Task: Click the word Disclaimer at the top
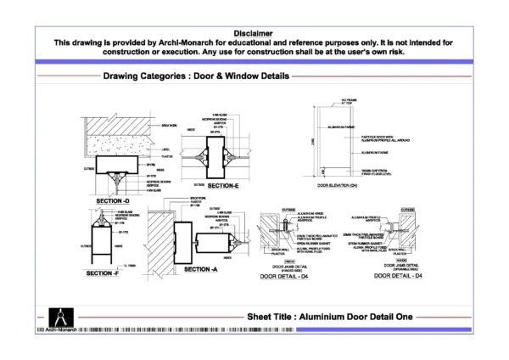coord(255,31)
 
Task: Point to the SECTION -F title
coord(103,273)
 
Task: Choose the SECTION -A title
coord(201,269)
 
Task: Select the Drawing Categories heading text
coord(196,76)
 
